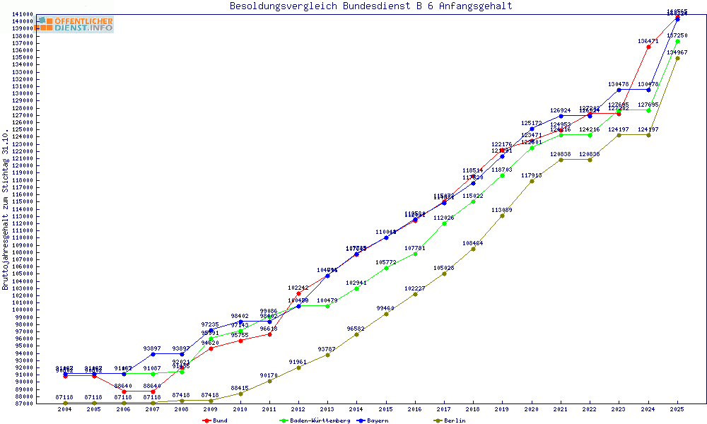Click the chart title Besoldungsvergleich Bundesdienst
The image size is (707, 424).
coord(370,6)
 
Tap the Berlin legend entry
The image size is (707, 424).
coord(454,420)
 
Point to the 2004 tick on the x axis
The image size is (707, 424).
coord(64,409)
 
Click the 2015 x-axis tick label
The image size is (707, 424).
coord(385,409)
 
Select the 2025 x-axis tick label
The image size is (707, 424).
coord(677,409)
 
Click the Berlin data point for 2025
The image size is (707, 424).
coord(677,58)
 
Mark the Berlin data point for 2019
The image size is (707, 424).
coord(502,216)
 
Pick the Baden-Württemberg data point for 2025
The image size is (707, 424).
coord(677,41)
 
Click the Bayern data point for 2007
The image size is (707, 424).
coord(153,354)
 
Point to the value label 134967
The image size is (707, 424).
coord(677,52)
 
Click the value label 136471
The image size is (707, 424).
coord(648,41)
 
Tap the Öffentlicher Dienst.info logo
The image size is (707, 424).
coord(75,25)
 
